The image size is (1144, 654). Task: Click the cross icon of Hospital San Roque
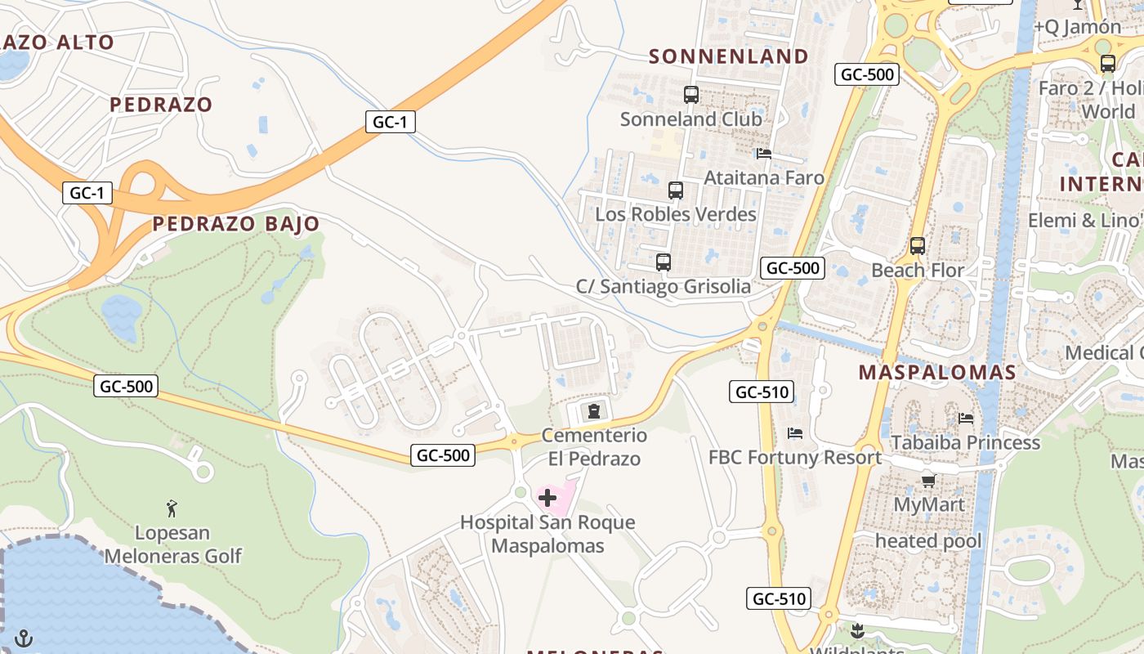coord(547,497)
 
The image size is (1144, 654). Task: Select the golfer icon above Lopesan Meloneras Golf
coord(172,508)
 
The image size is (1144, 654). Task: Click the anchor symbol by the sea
coord(25,637)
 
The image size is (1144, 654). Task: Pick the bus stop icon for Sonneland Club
coord(691,95)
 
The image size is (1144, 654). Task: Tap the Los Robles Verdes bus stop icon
coord(676,190)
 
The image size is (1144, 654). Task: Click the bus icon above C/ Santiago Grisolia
coord(664,262)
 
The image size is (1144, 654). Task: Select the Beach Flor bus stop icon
coord(918,245)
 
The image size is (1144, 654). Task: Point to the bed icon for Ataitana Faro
coord(764,154)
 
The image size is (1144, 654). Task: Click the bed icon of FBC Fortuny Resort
coord(795,432)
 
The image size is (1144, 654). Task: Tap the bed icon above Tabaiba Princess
coord(966,419)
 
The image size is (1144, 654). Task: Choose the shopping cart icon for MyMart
coord(928,481)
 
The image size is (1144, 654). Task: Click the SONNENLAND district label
coord(728,56)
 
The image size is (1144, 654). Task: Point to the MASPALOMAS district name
coord(937,373)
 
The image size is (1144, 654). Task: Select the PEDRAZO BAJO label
coord(236,224)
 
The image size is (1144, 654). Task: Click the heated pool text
coord(928,541)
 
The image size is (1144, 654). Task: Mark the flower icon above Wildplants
coord(857,630)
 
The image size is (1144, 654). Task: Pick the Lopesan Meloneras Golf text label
coord(172,544)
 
